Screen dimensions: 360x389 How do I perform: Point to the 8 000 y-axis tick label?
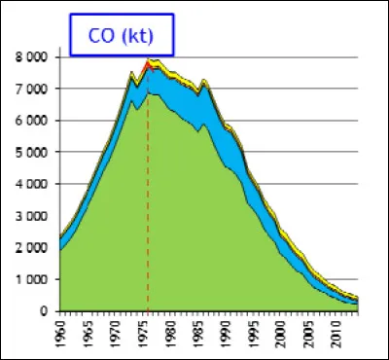pyautogui.click(x=34, y=57)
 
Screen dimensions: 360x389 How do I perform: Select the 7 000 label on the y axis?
pyautogui.click(x=34, y=90)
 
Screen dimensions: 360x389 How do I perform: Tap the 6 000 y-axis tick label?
pyautogui.click(x=34, y=121)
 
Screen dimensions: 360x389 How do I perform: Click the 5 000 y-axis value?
pyautogui.click(x=34, y=153)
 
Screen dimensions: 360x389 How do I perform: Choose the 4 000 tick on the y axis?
pyautogui.click(x=34, y=184)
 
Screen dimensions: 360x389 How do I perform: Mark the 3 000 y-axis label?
pyautogui.click(x=34, y=216)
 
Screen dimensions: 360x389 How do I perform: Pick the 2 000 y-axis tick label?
pyautogui.click(x=34, y=248)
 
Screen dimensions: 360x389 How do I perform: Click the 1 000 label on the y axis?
pyautogui.click(x=34, y=279)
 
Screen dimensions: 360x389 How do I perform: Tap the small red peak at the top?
pyautogui.click(x=148, y=64)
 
